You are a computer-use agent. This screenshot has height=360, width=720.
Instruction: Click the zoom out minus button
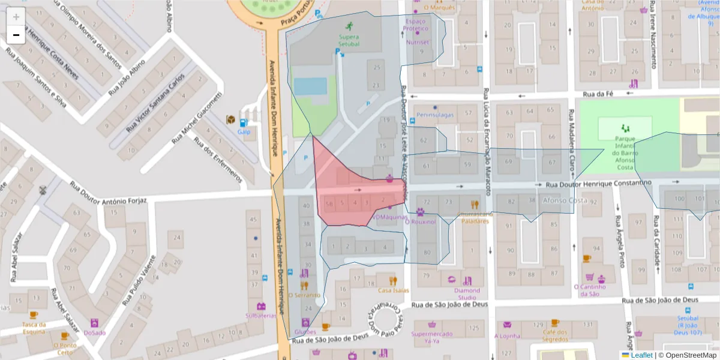[16, 35]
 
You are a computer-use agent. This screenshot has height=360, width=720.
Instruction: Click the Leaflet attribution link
[641, 355]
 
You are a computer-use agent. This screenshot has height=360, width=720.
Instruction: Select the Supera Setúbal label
[349, 40]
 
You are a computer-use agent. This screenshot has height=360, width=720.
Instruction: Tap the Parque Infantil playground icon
[625, 128]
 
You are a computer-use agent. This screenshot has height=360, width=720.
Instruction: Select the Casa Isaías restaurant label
[394, 290]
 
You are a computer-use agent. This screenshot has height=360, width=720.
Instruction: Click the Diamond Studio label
[467, 294]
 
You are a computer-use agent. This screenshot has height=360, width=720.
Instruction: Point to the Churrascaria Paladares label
[475, 217]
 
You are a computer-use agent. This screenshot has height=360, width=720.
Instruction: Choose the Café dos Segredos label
[555, 336]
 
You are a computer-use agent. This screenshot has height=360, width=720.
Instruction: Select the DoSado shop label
[95, 332]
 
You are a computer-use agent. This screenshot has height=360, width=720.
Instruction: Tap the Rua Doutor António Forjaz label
[108, 193]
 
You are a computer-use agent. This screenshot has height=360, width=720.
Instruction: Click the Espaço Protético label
[415, 25]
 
